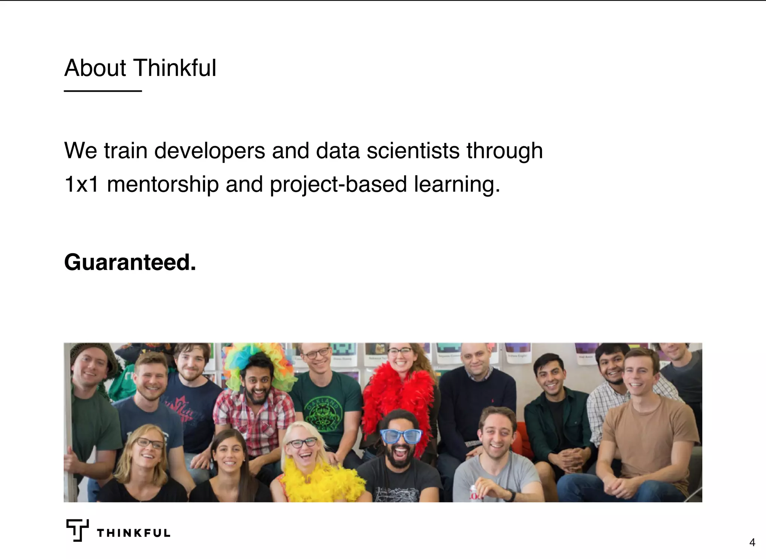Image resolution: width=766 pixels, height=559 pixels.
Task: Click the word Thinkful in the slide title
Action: coord(175,68)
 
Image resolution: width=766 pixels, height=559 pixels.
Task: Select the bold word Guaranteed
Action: coord(130,262)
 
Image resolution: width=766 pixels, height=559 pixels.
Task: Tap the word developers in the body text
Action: coord(209,151)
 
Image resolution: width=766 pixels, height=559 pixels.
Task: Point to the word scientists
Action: coord(413,151)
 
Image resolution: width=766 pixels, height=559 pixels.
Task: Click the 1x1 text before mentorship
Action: coord(82,184)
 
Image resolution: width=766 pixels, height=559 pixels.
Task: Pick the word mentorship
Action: coord(163,184)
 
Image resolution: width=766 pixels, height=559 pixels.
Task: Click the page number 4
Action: coord(752,542)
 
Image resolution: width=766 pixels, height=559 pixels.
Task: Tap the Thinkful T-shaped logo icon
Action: coord(77,530)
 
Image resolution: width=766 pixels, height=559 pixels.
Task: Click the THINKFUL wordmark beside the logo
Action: coord(134,533)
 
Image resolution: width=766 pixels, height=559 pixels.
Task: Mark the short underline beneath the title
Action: coord(103,91)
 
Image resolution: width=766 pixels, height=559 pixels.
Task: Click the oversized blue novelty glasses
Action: coord(401,436)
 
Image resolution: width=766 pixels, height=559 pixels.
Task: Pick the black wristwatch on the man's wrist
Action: coord(510,495)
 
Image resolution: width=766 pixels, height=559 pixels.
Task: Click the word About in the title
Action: coord(95,68)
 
